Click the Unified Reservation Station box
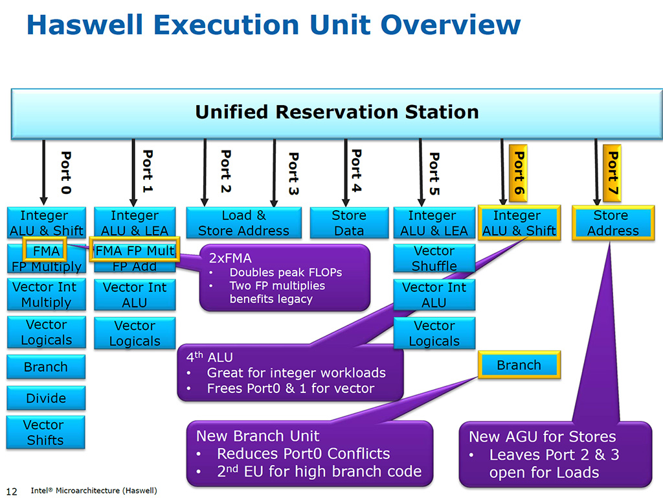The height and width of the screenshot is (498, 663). click(x=337, y=112)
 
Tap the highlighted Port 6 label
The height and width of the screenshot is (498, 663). click(x=518, y=172)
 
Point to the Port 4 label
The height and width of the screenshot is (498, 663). click(x=355, y=171)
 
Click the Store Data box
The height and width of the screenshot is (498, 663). click(x=348, y=223)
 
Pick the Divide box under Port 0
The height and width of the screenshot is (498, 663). click(x=45, y=398)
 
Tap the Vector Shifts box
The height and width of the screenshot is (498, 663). click(x=45, y=433)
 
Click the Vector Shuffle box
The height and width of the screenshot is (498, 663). click(x=434, y=258)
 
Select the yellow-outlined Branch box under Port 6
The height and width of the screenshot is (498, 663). click(x=519, y=366)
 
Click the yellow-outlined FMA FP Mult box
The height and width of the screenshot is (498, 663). click(x=135, y=251)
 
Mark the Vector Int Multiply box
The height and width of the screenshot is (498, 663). click(x=45, y=294)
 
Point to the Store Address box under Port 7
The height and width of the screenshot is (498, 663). click(x=612, y=223)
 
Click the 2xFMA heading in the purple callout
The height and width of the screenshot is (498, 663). click(x=230, y=258)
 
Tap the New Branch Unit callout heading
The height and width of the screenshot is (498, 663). click(x=258, y=436)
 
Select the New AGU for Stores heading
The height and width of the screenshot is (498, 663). click(x=543, y=436)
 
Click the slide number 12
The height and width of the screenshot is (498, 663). click(x=12, y=490)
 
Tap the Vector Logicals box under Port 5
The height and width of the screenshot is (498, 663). click(x=434, y=333)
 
